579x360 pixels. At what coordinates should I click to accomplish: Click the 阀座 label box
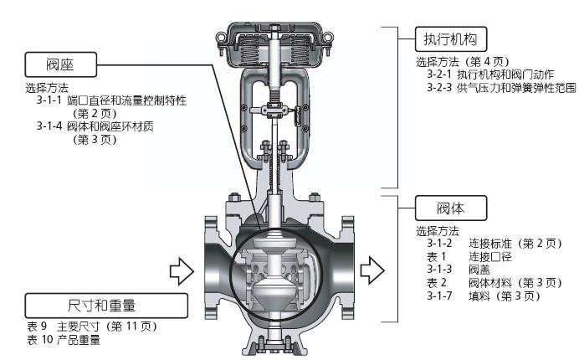click(x=61, y=64)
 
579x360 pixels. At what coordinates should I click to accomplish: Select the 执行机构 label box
click(x=451, y=39)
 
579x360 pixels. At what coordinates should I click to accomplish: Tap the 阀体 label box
click(x=451, y=208)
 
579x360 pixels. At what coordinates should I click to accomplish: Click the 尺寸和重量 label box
click(x=106, y=306)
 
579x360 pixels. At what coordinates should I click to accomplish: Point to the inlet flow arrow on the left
click(x=182, y=271)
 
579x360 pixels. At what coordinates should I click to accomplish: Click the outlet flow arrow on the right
click(x=372, y=270)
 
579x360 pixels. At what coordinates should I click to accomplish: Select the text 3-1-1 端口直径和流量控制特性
click(x=111, y=100)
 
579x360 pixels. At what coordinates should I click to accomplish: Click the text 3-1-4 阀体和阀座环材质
click(x=95, y=126)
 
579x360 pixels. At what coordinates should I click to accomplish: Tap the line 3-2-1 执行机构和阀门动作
click(x=491, y=75)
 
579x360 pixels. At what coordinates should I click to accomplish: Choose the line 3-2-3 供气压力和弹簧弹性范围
click(x=501, y=88)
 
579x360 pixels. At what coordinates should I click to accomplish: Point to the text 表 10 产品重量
click(x=63, y=340)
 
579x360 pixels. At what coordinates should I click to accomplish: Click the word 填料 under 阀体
click(x=479, y=296)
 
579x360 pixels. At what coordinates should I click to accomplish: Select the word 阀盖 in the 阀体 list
click(x=479, y=270)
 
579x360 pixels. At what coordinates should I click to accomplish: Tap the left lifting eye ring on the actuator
click(x=222, y=37)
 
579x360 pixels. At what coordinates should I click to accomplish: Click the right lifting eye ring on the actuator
click(x=328, y=37)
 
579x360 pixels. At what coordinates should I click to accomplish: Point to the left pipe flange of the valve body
click(x=211, y=267)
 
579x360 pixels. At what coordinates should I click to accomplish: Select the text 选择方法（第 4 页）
click(x=463, y=61)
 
